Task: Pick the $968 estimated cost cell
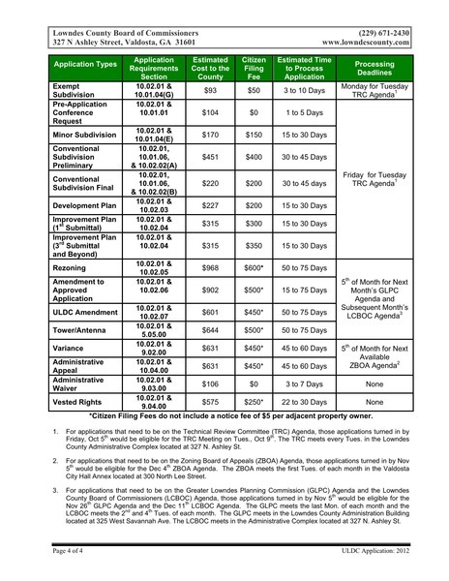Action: [210, 266]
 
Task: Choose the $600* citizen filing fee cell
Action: [254, 266]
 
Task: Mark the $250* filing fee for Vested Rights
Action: [254, 399]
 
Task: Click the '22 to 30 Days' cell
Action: [304, 399]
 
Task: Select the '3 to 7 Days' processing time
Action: [304, 382]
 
